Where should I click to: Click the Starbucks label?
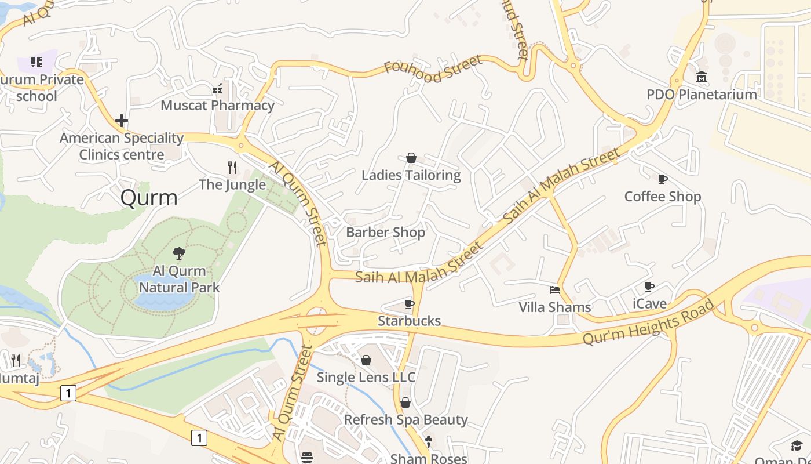point(409,321)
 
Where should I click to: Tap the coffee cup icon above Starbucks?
point(410,304)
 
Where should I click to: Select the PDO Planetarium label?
point(702,94)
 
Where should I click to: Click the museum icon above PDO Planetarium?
point(702,77)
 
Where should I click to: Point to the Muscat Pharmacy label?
point(217,105)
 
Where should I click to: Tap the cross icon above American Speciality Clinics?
point(122,121)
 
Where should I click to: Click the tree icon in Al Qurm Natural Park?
point(179,253)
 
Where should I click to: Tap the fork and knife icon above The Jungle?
point(232,168)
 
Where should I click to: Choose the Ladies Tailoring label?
point(411,175)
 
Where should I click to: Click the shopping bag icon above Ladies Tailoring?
point(411,158)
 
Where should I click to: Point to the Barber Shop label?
point(385,232)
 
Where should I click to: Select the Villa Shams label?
point(554,307)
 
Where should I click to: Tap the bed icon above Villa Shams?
point(555,289)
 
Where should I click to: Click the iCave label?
point(649,303)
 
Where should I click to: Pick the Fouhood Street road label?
point(433,69)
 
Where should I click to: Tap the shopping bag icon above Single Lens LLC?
point(366,360)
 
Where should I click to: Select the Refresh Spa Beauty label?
point(405,419)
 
